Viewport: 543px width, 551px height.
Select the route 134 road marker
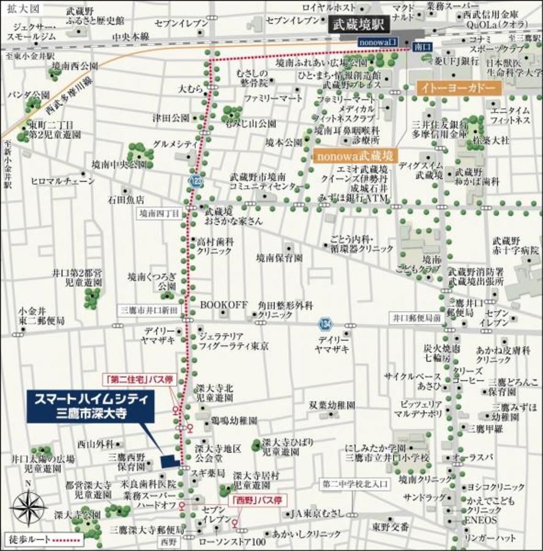click(x=324, y=323)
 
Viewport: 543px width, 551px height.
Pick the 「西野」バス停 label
click(x=258, y=500)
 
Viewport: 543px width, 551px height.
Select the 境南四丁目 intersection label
click(x=159, y=214)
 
